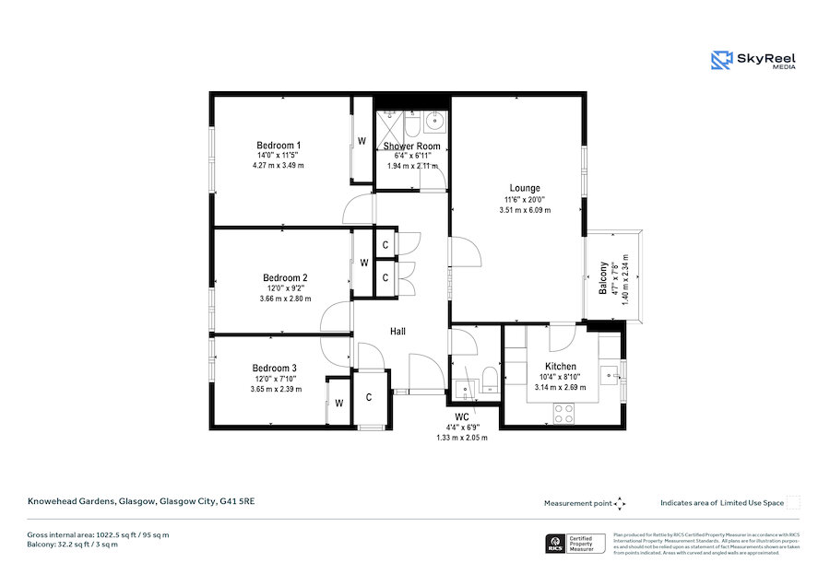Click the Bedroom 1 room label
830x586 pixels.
pyautogui.click(x=279, y=146)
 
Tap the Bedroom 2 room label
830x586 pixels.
pyautogui.click(x=285, y=278)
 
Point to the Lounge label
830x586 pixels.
pyautogui.click(x=525, y=189)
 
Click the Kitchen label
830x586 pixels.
pyautogui.click(x=561, y=367)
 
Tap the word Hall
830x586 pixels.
pyautogui.click(x=397, y=332)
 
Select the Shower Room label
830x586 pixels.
pyautogui.click(x=412, y=146)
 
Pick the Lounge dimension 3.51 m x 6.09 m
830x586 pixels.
pyautogui.click(x=525, y=210)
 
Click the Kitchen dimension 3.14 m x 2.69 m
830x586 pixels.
pyautogui.click(x=561, y=388)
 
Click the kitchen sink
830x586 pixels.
pyautogui.click(x=609, y=375)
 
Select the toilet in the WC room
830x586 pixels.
pyautogui.click(x=489, y=384)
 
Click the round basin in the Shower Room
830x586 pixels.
pyautogui.click(x=434, y=123)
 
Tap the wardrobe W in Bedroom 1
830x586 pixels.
pyautogui.click(x=362, y=142)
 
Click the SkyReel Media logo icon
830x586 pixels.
pyautogui.click(x=721, y=61)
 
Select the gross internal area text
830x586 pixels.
pyautogui.click(x=98, y=534)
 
